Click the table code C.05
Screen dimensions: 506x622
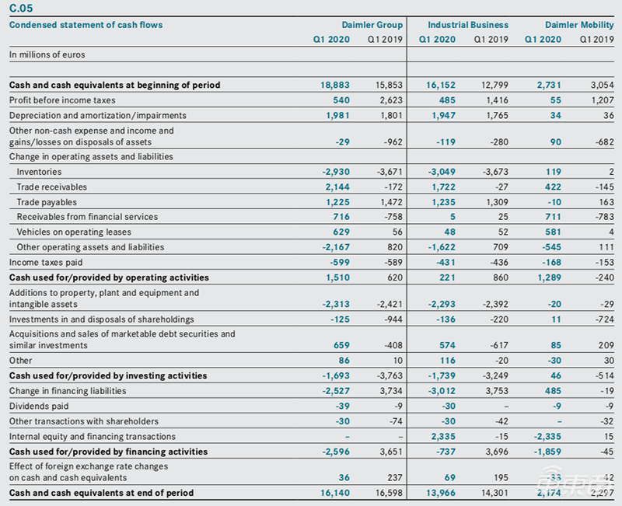22,9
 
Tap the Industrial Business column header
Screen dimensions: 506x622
470,25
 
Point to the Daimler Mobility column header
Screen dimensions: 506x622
579,25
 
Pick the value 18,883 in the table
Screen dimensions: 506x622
336,85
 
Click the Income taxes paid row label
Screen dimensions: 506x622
46,263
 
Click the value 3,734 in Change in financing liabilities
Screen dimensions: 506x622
390,391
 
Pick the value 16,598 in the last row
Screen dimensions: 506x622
387,493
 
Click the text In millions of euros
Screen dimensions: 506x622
47,55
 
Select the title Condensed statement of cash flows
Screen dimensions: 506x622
86,25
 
